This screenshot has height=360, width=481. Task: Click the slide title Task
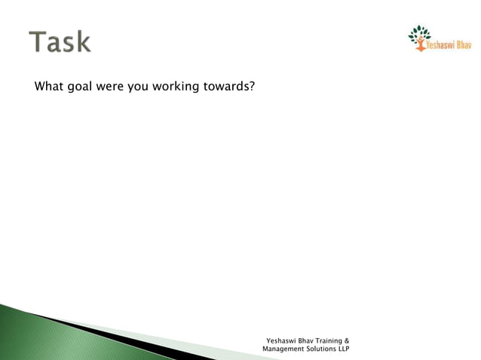pyautogui.click(x=60, y=41)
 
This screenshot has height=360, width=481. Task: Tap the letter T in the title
pyautogui.click(x=38, y=41)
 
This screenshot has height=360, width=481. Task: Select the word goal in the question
pyautogui.click(x=81, y=87)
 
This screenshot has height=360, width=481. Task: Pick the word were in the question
pyautogui.click(x=110, y=87)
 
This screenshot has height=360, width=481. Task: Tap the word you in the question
pyautogui.click(x=137, y=87)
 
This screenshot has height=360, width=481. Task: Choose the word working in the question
pyautogui.click(x=176, y=87)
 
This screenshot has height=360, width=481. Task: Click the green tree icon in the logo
pyautogui.click(x=419, y=35)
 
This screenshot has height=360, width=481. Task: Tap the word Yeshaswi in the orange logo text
pyautogui.click(x=440, y=44)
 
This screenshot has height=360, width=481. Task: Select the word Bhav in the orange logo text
pyautogui.click(x=463, y=44)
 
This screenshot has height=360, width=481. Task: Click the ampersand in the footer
pyautogui.click(x=346, y=340)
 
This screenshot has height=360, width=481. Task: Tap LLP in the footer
pyautogui.click(x=342, y=349)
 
